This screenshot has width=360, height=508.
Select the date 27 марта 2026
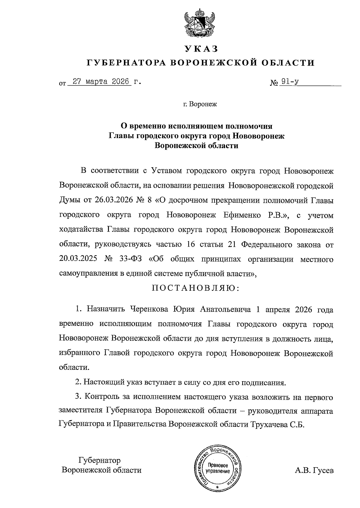click(x=100, y=82)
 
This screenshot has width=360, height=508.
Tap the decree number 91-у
click(x=289, y=82)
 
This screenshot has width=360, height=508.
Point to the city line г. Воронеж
click(x=200, y=104)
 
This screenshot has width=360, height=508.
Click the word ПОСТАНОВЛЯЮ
click(x=196, y=288)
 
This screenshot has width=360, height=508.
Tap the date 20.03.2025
click(x=78, y=259)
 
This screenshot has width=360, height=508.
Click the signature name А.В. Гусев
click(x=314, y=470)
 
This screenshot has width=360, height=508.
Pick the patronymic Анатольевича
click(x=225, y=309)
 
